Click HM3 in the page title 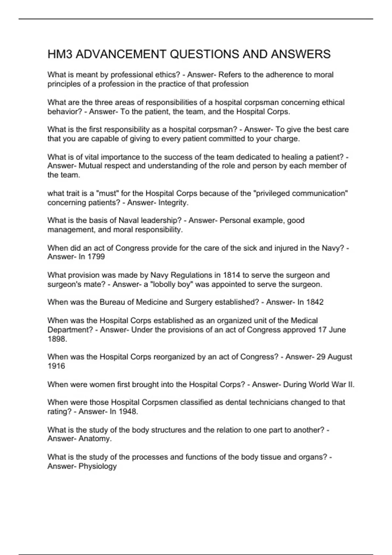(x=60, y=54)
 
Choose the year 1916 (x=56, y=366)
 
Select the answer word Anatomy (x=95, y=439)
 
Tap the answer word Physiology (x=97, y=466)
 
